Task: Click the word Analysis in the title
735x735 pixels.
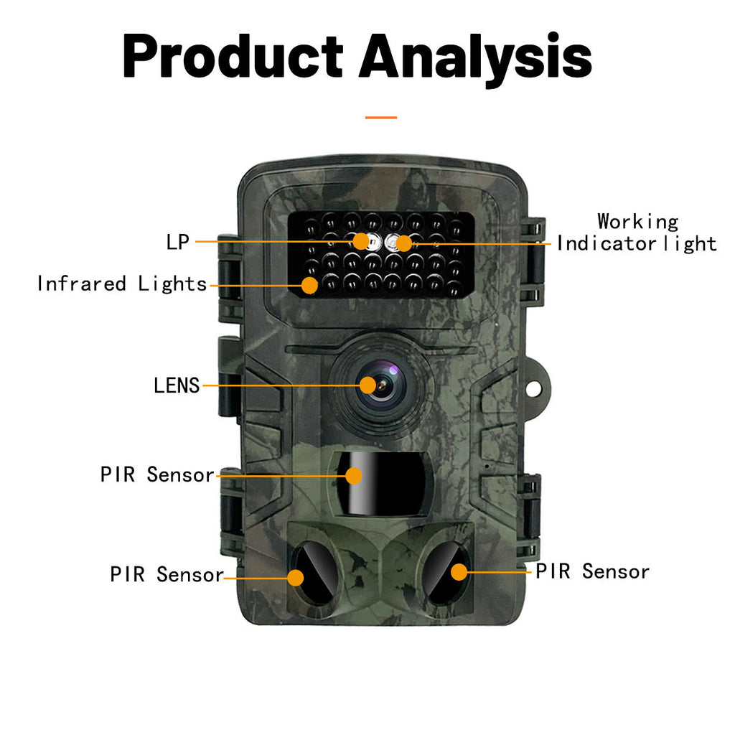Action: (x=475, y=56)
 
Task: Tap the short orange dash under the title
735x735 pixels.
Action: (x=380, y=116)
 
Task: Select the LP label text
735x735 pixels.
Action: (x=177, y=242)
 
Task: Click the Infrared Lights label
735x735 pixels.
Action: (x=122, y=284)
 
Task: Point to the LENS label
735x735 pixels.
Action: (x=177, y=385)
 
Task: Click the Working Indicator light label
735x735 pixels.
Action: (x=637, y=233)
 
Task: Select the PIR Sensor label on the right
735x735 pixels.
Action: (x=592, y=571)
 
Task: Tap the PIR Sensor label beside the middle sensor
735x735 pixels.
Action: (x=157, y=474)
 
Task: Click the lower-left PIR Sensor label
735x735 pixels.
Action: (x=167, y=574)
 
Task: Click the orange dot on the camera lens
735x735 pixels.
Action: (x=368, y=385)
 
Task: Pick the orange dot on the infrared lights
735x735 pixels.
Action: (x=309, y=285)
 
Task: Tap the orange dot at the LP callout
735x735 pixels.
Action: (x=361, y=241)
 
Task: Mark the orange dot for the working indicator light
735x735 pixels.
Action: (x=404, y=243)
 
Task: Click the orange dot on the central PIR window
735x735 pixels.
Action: (x=353, y=475)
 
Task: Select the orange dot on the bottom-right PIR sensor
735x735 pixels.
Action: (x=459, y=572)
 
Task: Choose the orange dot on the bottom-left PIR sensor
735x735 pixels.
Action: (x=296, y=577)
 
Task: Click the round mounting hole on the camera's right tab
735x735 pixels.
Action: (x=535, y=388)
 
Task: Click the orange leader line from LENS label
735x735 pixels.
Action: (x=280, y=385)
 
